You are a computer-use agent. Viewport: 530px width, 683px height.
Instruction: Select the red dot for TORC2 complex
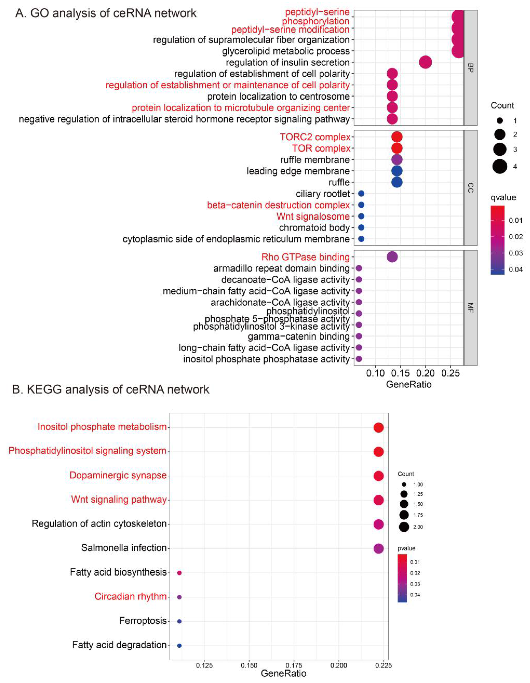[x=397, y=137]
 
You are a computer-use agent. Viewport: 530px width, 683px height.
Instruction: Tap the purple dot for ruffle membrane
[x=397, y=159]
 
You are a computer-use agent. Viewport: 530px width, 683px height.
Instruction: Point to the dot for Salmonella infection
[x=378, y=548]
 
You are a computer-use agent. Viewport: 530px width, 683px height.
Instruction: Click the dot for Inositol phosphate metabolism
[x=378, y=428]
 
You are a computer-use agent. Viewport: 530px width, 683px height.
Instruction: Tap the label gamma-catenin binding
[x=299, y=337]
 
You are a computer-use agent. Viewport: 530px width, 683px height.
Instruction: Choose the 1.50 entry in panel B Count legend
[x=418, y=504]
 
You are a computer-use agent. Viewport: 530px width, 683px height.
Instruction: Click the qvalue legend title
[x=503, y=198]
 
